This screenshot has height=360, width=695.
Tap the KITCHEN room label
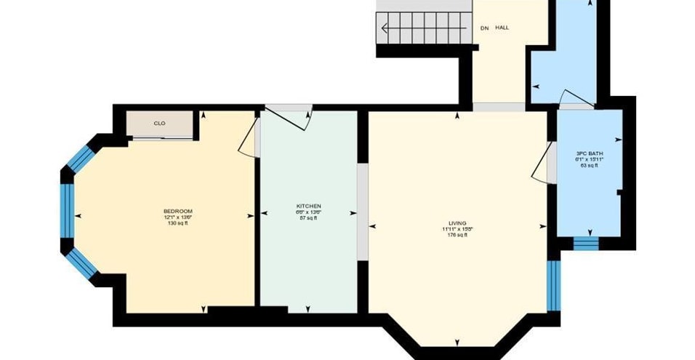[308, 206]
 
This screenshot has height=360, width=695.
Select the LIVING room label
[457, 223]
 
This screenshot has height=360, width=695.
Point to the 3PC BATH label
[590, 153]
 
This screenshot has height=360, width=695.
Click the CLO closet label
[159, 124]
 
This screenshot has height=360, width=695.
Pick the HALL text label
[502, 28]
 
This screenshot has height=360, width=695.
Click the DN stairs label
[484, 28]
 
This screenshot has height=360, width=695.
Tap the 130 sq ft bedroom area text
[177, 223]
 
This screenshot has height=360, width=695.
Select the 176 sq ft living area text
[457, 235]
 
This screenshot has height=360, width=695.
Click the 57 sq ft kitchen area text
[308, 218]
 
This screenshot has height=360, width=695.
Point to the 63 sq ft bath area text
[590, 166]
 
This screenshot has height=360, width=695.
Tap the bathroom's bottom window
[586, 243]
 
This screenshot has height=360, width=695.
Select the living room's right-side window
[553, 284]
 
